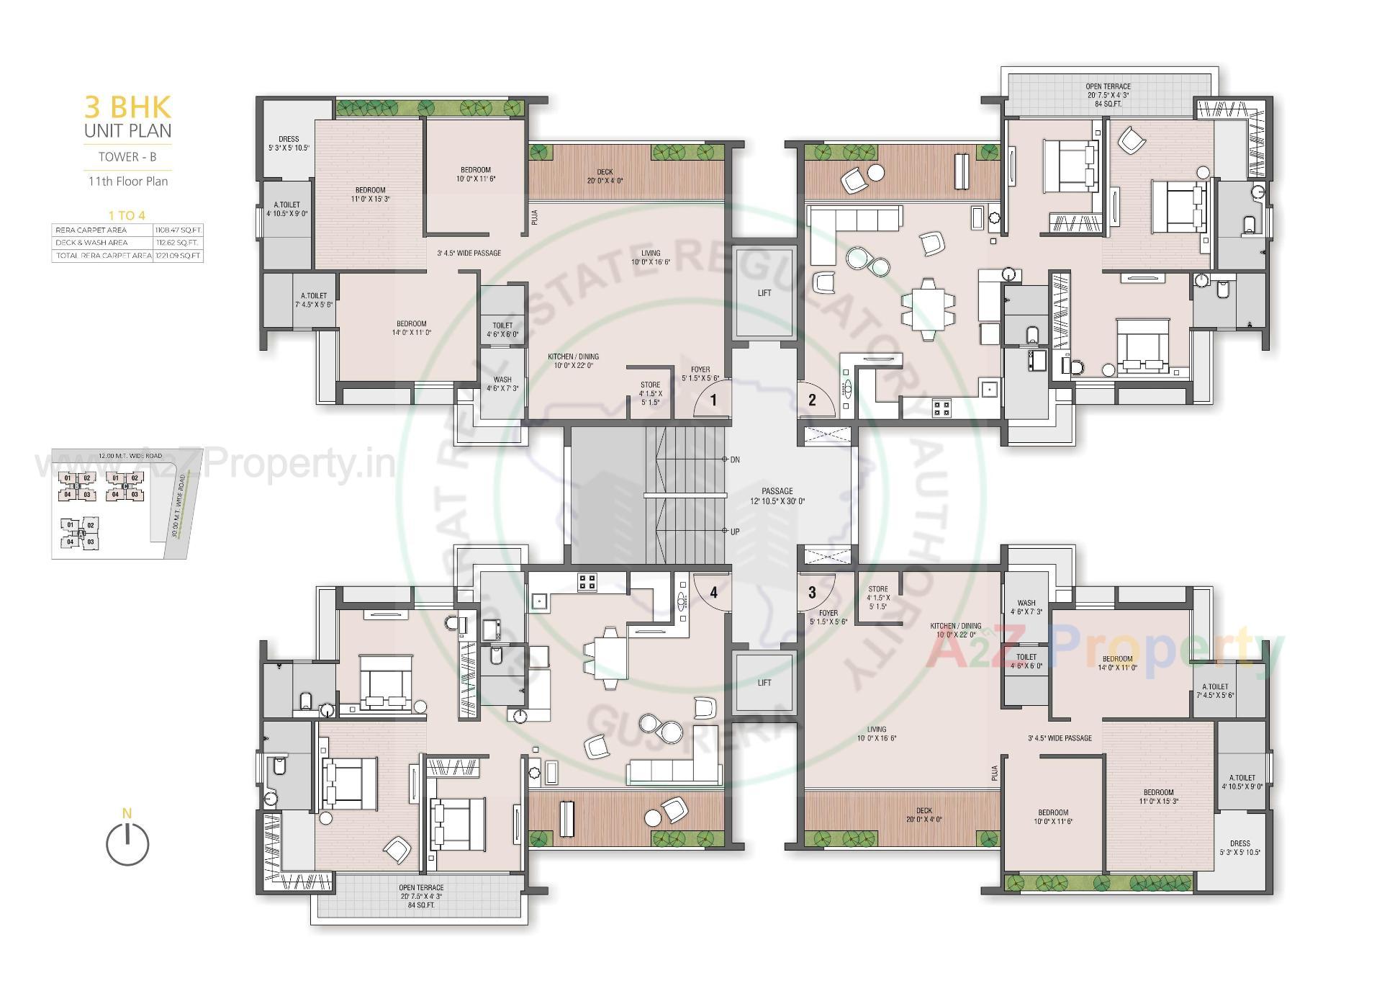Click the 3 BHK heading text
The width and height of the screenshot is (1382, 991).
[128, 107]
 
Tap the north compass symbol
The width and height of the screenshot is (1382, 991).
[127, 843]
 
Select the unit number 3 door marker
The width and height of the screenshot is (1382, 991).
[812, 593]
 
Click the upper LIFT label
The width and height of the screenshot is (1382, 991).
[764, 293]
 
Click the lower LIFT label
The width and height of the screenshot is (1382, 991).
[764, 683]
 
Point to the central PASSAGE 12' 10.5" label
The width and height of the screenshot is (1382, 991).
[777, 495]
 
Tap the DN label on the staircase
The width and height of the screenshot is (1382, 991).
[735, 459]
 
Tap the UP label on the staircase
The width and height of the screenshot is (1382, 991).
[735, 532]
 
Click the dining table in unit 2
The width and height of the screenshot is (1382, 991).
[927, 309]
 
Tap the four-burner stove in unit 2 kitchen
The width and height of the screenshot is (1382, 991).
[941, 408]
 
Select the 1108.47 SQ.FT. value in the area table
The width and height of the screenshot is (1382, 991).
[178, 230]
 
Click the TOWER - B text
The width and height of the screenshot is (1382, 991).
[127, 156]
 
